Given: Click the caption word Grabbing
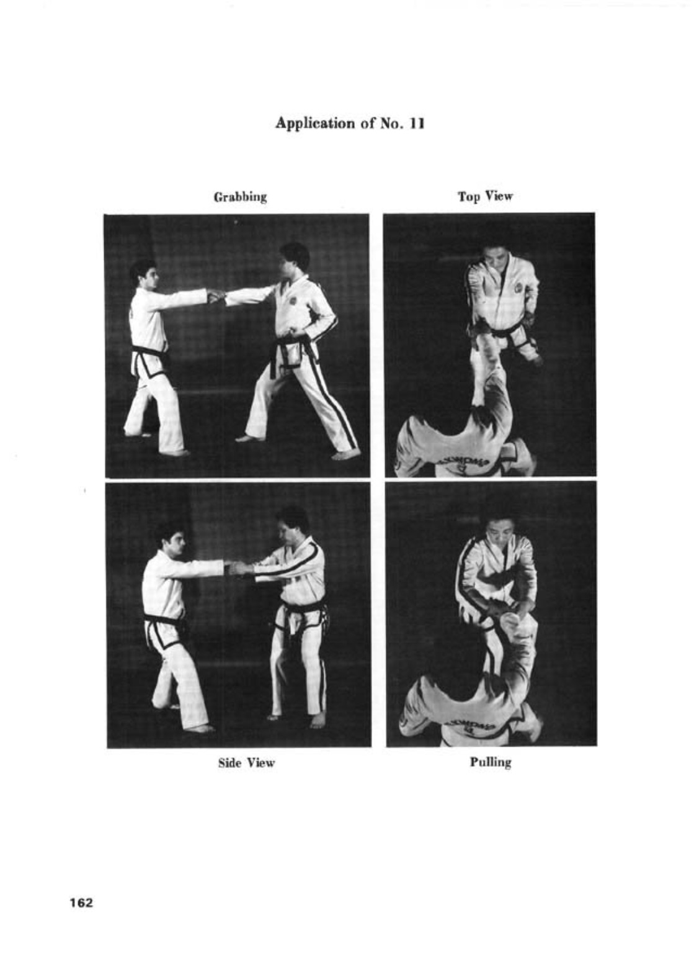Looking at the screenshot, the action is [240, 197].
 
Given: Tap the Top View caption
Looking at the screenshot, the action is [485, 197].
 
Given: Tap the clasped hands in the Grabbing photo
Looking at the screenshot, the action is [216, 296].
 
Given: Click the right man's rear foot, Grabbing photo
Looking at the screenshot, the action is [345, 454].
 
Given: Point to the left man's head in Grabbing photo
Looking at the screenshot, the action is [144, 274].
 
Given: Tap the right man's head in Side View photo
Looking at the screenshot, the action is [292, 523].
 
